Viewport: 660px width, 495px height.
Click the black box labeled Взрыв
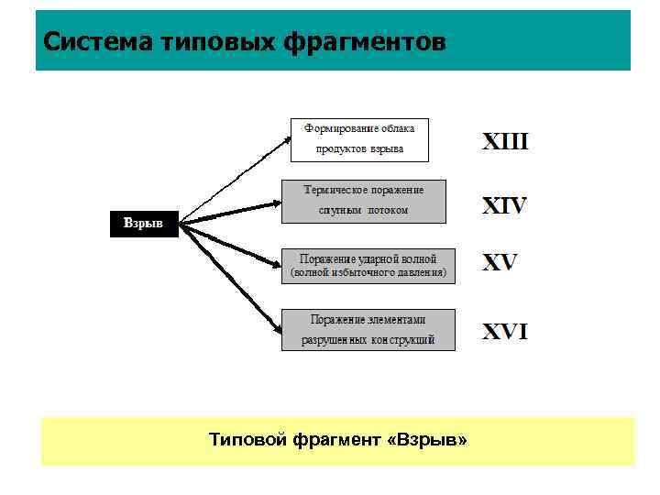click(x=143, y=225)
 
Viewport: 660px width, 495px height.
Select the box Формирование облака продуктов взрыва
click(x=359, y=139)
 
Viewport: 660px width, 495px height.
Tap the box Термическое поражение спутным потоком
click(x=364, y=201)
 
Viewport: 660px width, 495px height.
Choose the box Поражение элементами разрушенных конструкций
click(x=368, y=329)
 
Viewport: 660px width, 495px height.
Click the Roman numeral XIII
click(x=505, y=143)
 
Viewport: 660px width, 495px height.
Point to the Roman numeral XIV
click(x=505, y=206)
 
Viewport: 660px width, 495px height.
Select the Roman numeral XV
click(x=500, y=264)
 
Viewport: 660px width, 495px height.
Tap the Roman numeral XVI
click(x=505, y=332)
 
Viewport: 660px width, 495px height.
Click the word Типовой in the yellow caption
click(x=248, y=441)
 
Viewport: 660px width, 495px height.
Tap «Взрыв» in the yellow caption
click(x=427, y=441)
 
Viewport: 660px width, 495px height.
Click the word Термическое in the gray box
click(x=336, y=190)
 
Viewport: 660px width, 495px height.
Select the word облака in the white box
click(x=405, y=128)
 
